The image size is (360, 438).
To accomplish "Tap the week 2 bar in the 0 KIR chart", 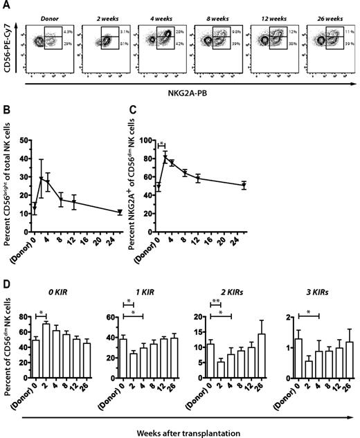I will [46, 346].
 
